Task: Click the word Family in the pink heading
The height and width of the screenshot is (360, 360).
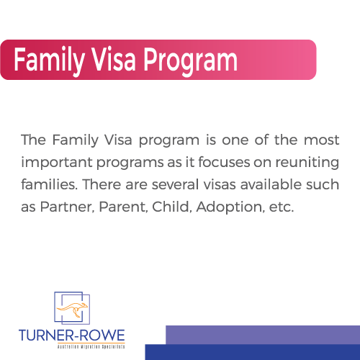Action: click(x=49, y=60)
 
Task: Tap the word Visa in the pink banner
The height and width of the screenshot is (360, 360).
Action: click(x=114, y=59)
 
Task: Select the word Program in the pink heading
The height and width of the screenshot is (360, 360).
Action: click(x=191, y=61)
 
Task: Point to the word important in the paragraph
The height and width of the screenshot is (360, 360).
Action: click(x=57, y=163)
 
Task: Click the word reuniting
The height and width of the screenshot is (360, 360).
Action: click(x=307, y=163)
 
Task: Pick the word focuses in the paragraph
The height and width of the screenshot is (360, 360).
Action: click(x=225, y=162)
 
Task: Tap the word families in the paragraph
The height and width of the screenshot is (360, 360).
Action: click(x=50, y=184)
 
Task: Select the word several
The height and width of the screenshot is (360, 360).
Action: click(x=176, y=184)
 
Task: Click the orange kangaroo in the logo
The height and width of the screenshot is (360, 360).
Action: click(x=72, y=310)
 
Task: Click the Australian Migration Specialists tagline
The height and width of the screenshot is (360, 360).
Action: click(x=91, y=346)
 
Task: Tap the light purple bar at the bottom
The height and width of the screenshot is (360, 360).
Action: click(x=263, y=335)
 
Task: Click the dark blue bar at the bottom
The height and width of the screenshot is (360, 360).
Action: click(x=253, y=352)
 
